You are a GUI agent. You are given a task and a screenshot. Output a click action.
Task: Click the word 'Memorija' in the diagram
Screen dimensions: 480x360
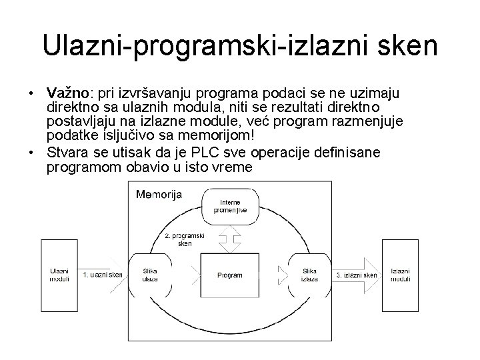(159, 195)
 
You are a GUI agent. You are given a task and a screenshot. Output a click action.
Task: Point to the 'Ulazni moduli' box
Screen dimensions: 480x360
(59, 274)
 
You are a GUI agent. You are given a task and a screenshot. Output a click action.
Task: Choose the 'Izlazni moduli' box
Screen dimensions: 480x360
(401, 274)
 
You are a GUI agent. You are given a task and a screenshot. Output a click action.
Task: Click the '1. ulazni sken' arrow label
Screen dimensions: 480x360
(103, 275)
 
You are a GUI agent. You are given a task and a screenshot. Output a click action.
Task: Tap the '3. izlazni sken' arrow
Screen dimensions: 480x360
(357, 275)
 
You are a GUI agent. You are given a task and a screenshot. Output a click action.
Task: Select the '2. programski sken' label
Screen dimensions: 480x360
(185, 239)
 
